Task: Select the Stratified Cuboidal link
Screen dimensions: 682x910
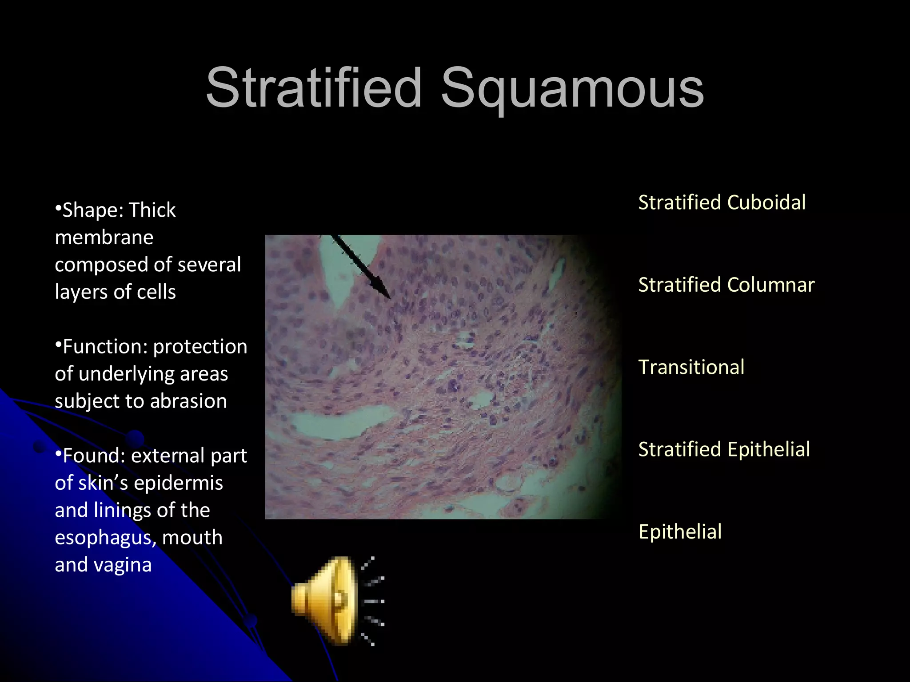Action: (x=722, y=202)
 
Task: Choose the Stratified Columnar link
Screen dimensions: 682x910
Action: (x=726, y=285)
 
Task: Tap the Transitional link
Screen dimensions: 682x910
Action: (x=691, y=367)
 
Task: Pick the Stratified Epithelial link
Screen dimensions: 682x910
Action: (x=724, y=449)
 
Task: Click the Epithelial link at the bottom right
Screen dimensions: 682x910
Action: (x=680, y=531)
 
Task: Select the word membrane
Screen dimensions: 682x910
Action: (x=104, y=238)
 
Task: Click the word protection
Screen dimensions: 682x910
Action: (x=200, y=347)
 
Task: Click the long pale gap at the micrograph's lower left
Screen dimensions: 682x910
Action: (x=338, y=422)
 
